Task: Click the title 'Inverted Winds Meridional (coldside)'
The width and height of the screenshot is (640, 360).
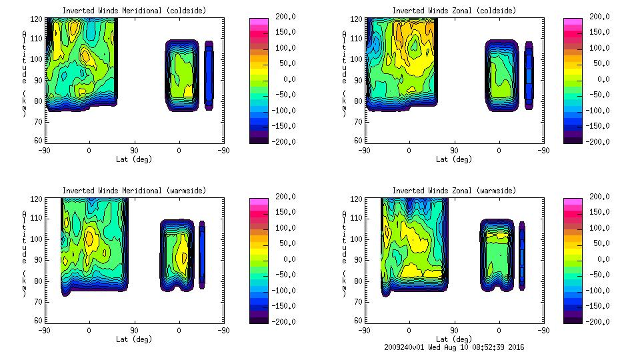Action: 134,11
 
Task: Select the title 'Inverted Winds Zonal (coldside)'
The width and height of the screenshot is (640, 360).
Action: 454,11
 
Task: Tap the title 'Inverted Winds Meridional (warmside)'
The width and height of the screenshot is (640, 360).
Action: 134,191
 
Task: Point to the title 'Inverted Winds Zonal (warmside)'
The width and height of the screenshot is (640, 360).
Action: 454,191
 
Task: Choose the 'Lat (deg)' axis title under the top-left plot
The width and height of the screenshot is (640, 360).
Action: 134,159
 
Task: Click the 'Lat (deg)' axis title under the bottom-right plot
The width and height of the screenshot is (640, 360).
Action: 454,339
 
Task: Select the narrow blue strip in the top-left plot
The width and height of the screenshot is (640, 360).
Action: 209,75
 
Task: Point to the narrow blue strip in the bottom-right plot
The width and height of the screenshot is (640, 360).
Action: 522,255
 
